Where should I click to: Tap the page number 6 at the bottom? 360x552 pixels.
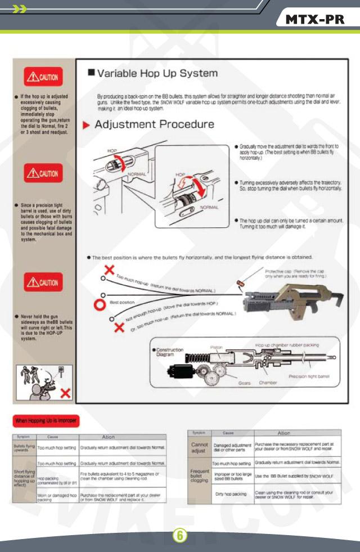coord(179,535)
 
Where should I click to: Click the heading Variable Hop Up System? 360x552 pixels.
coord(157,74)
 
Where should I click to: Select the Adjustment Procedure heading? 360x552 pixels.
coord(154,124)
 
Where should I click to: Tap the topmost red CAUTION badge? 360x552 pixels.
coord(43,77)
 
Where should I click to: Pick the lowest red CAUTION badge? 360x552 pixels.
coord(43,282)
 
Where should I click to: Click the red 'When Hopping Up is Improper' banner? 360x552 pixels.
coord(46,420)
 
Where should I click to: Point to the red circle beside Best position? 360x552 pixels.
coord(99,305)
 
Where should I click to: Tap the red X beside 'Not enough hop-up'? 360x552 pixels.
coord(119,327)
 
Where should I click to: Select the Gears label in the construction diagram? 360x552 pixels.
coord(244,383)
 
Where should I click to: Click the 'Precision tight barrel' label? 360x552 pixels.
coord(309,376)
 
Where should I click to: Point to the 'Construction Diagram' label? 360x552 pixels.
coord(169,352)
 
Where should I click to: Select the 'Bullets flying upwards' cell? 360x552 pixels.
coord(24,447)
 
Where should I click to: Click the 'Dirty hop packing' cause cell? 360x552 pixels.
coord(231,494)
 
